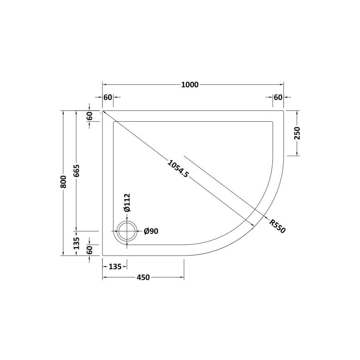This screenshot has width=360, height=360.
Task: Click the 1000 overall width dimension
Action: click(190, 84)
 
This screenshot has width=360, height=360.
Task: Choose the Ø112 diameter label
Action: click(126, 203)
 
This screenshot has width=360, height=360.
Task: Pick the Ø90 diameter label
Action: click(151, 231)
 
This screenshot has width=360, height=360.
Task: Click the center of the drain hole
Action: click(128, 232)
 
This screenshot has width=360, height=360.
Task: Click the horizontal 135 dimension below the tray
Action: click(115, 267)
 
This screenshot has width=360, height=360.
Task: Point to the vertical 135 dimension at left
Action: click(76, 243)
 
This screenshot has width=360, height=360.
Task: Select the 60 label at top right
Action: click(278, 97)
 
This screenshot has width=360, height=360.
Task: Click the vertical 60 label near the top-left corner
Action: click(90, 116)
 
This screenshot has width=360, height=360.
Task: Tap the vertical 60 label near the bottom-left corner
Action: click(90, 250)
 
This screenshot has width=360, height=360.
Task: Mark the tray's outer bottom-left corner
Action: click(103, 255)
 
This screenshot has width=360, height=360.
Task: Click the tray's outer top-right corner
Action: click(284, 111)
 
